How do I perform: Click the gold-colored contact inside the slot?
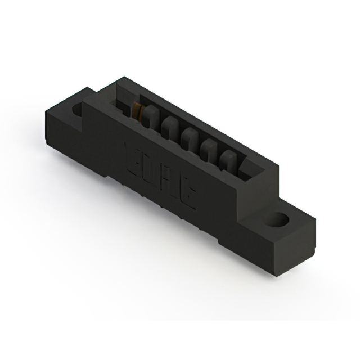(137, 110)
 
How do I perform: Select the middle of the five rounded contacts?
(189, 137)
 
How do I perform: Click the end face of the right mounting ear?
(295, 250)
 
